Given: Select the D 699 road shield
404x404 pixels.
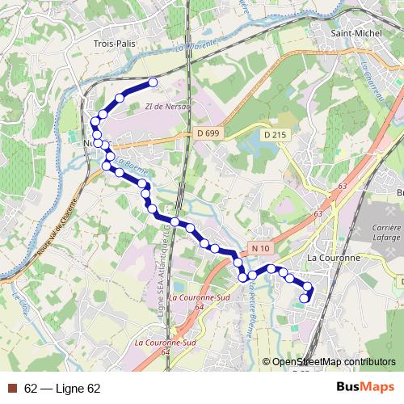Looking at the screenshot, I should (208, 133).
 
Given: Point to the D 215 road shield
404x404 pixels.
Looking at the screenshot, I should (275, 135).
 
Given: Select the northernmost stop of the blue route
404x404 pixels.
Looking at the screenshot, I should (151, 82).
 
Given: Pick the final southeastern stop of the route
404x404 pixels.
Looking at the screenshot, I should (304, 299).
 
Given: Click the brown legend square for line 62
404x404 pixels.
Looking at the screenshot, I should (11, 389).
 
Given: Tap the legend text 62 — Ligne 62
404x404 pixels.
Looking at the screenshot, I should (62, 389).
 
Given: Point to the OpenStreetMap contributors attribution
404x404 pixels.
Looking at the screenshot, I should (334, 362).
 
